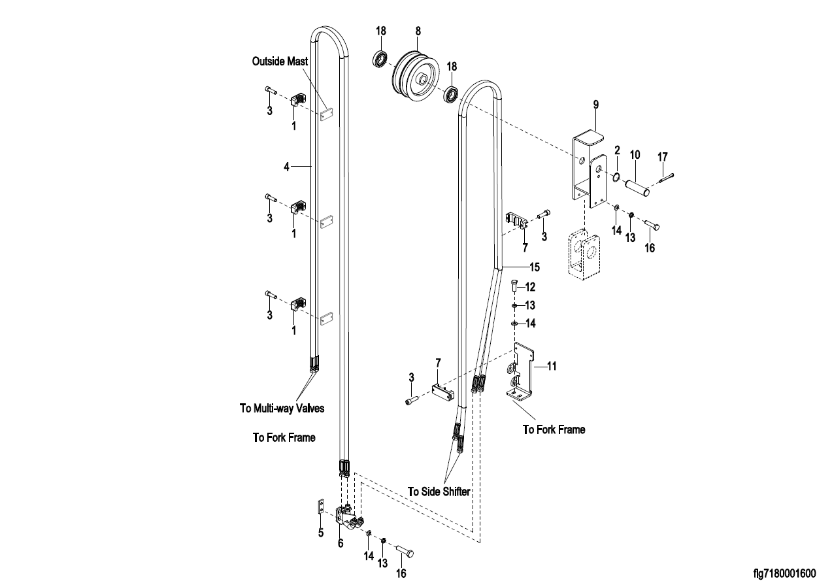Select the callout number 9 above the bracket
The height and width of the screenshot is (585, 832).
[595, 105]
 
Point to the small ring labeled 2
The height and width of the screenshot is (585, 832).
[616, 175]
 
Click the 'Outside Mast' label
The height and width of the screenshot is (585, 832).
[280, 61]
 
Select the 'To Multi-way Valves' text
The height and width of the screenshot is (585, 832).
[282, 409]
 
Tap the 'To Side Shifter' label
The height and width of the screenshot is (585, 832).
[439, 492]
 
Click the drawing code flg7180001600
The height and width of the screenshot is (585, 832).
[784, 574]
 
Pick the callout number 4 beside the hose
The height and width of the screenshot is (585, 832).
[286, 167]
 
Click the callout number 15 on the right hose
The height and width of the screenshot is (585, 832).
[535, 267]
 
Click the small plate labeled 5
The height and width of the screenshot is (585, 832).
[320, 507]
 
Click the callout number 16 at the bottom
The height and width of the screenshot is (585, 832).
[401, 573]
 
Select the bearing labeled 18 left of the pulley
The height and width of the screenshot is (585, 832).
[380, 59]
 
